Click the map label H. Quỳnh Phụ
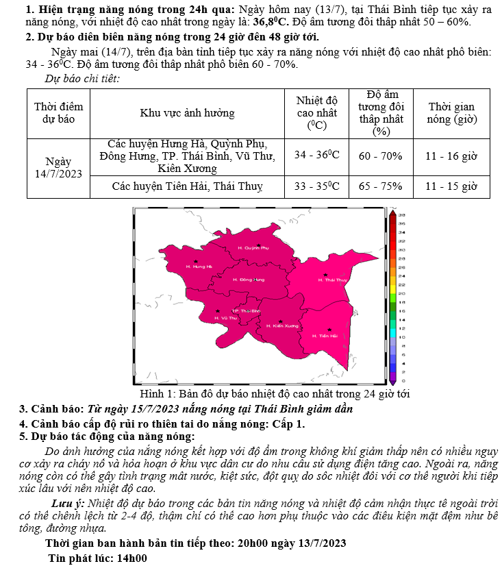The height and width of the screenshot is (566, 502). [x=253, y=247]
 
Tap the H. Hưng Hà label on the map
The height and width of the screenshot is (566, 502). [x=199, y=266]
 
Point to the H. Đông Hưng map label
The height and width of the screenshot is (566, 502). [x=249, y=280]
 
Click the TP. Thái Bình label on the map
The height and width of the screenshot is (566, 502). [x=247, y=311]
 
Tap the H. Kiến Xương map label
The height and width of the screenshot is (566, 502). [x=282, y=326]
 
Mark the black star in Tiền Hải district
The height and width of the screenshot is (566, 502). [x=329, y=329]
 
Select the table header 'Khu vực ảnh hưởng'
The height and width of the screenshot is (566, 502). [x=187, y=113]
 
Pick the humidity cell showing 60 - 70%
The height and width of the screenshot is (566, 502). [x=381, y=156]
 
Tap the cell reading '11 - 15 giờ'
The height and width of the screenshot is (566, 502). [x=451, y=186]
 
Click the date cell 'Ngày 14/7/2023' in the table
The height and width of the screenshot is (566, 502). [x=58, y=168]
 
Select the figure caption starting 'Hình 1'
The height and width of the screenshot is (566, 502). [x=274, y=394]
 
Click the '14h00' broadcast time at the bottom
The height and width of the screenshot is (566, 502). [x=132, y=557]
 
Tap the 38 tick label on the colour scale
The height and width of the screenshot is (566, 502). [x=403, y=214]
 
